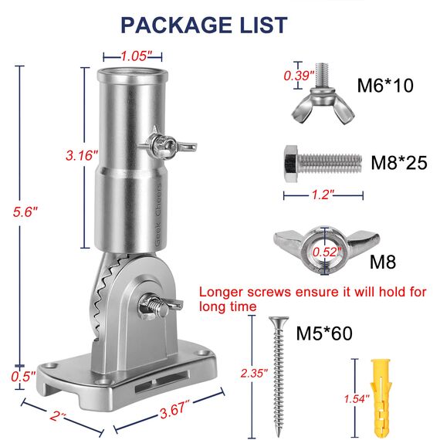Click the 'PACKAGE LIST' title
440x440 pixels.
pos(204,25)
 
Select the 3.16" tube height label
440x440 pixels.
pos(82,155)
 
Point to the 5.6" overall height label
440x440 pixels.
pos(25,212)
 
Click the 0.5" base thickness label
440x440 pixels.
pos(23,376)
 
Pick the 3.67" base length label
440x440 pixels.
pos(174,410)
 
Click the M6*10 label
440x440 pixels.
pos(385,86)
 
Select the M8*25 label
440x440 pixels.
pos(399,162)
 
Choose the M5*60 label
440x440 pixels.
pos(324,333)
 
